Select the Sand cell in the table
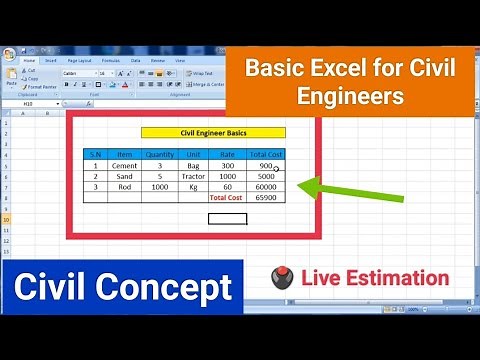coord(125,176)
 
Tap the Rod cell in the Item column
coord(125,187)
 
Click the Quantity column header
coord(160,154)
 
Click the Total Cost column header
coord(265,154)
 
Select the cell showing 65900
coord(265,198)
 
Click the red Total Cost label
coord(226,198)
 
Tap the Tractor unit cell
coord(193,176)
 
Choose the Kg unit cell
coord(193,187)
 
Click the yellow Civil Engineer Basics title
coord(214,132)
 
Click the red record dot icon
coord(282,280)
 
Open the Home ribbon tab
coord(29,60)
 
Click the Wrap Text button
coord(203,73)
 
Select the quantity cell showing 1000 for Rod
coord(160,187)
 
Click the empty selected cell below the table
coord(228,219)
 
